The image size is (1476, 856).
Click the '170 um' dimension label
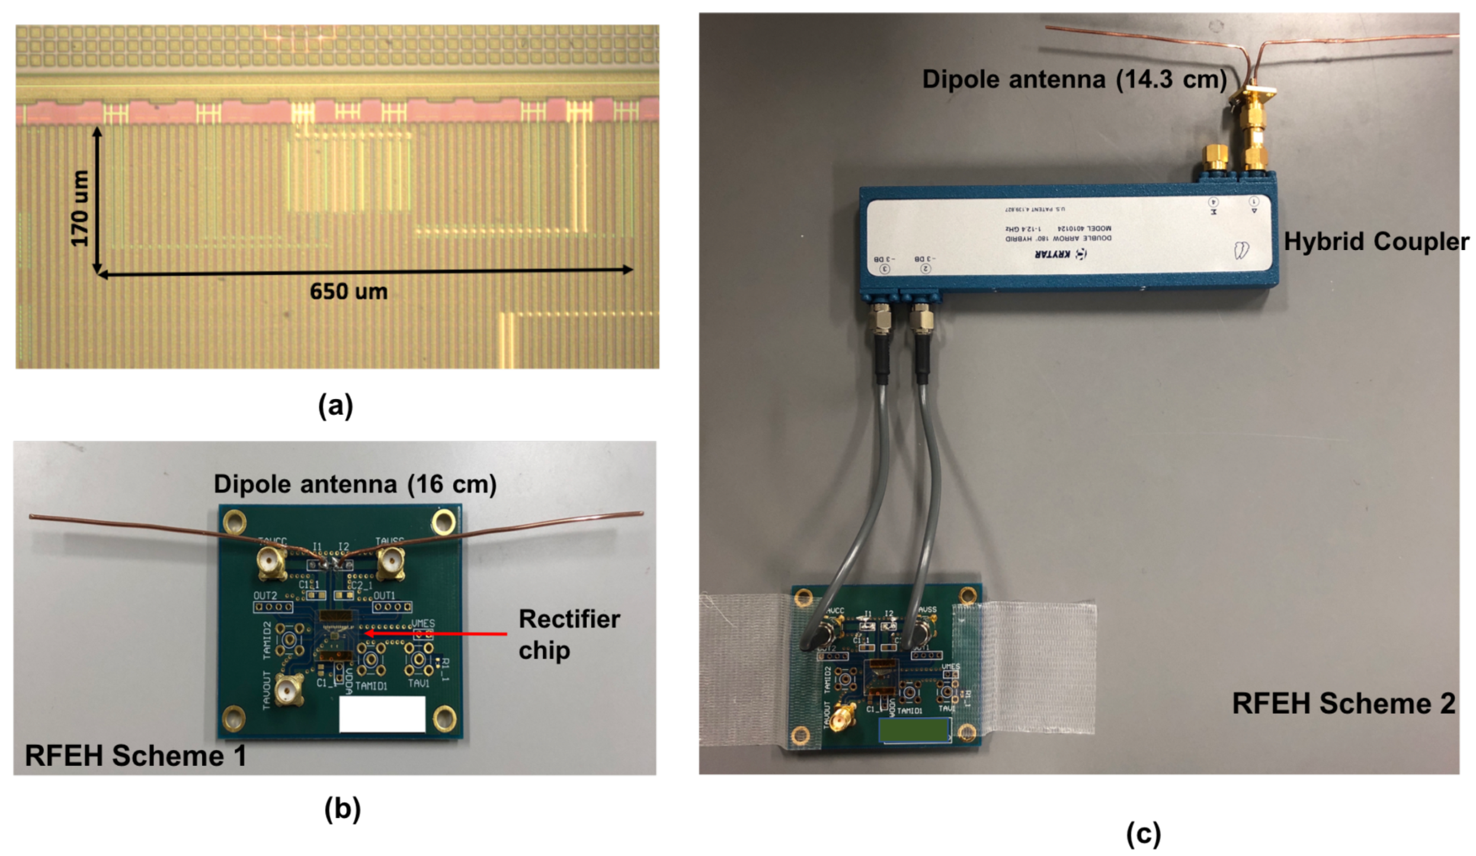coord(79,207)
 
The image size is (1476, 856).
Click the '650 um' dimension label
coord(348,291)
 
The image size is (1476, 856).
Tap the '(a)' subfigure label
coord(335,406)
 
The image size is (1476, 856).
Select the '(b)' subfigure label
coord(342,809)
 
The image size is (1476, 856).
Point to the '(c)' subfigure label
coord(1143,833)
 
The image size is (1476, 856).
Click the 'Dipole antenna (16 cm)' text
coord(355,484)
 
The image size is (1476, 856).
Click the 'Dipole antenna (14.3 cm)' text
coord(1074,79)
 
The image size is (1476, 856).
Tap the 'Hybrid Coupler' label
coord(1376,242)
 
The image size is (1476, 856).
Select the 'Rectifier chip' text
coord(569,634)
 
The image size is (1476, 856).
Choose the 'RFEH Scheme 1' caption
coord(135,756)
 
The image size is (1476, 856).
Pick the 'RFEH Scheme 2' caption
coord(1343,704)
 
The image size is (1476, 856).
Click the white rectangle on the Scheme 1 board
coord(382,714)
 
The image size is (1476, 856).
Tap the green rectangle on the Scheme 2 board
coord(914,730)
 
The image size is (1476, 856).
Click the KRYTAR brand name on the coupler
coord(1052,254)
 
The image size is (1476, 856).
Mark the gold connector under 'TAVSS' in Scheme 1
coord(391,562)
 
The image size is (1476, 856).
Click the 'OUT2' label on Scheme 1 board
coord(265,595)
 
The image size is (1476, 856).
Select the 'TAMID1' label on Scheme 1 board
coord(372,686)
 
